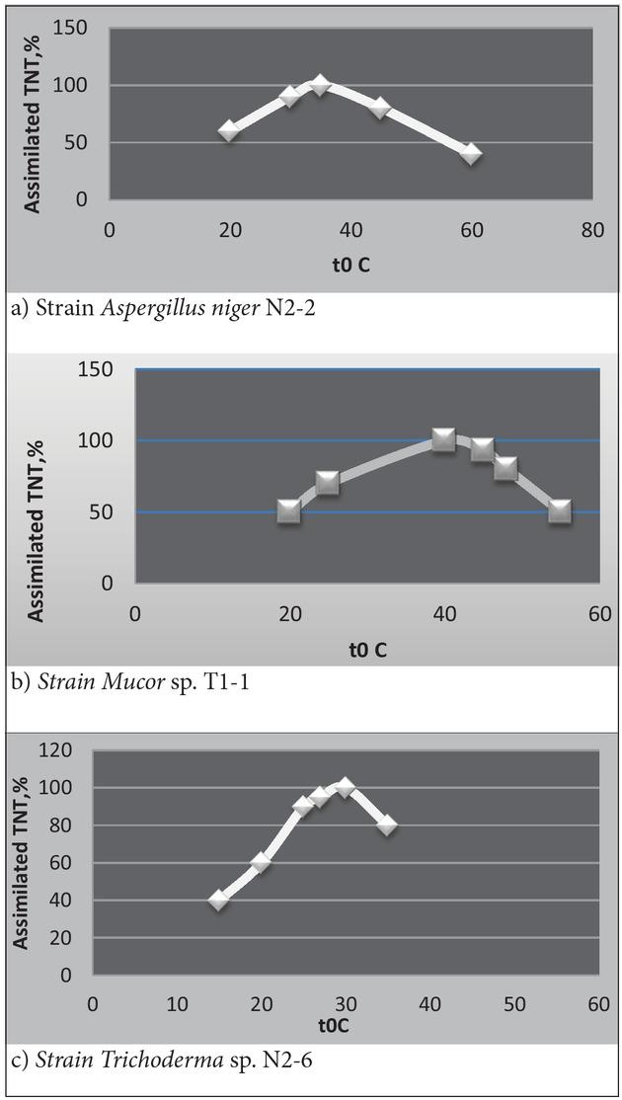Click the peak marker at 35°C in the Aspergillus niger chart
pyautogui.click(x=320, y=85)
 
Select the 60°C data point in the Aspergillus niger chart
pyautogui.click(x=471, y=154)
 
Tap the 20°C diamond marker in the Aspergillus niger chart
pyautogui.click(x=229, y=130)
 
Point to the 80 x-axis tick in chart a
pyautogui.click(x=591, y=229)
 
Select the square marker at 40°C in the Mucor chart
pyautogui.click(x=443, y=439)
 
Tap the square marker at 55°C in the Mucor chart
pyautogui.click(x=560, y=511)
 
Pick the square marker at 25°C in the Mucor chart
pyautogui.click(x=328, y=483)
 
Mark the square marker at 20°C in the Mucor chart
pyautogui.click(x=288, y=511)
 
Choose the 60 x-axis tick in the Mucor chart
pyautogui.click(x=598, y=612)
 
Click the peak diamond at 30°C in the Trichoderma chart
pyautogui.click(x=345, y=787)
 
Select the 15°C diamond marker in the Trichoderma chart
pyautogui.click(x=219, y=900)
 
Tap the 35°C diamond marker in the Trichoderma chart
pyautogui.click(x=387, y=825)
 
